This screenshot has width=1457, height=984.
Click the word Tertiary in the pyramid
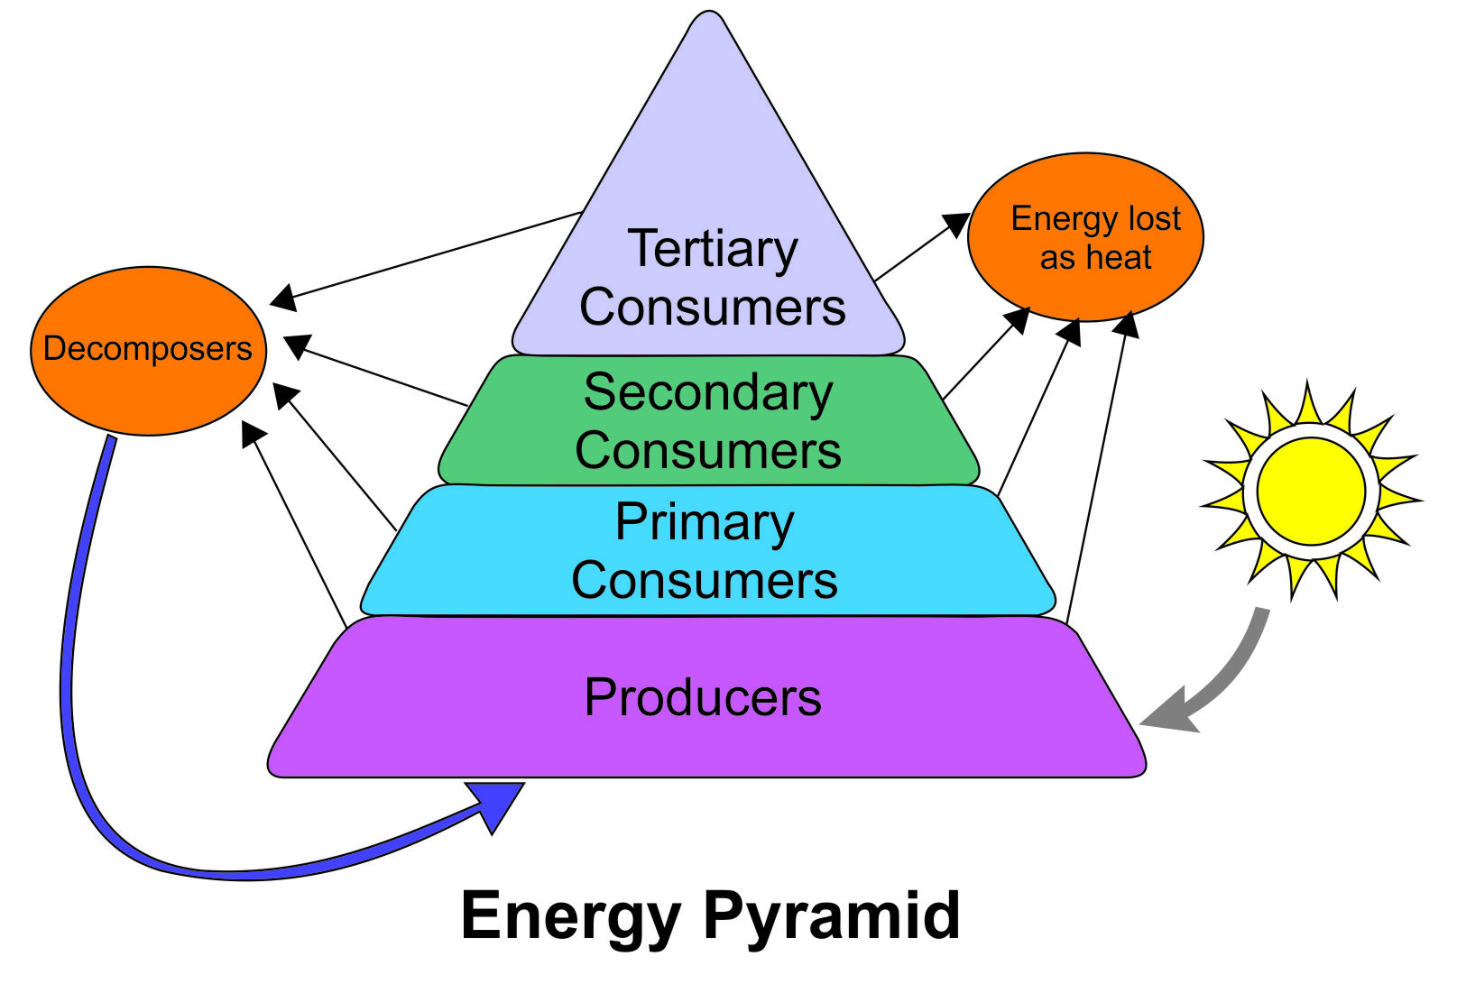tap(712, 250)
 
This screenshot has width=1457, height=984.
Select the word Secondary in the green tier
tap(708, 393)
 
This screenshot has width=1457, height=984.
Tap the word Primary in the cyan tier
tap(705, 523)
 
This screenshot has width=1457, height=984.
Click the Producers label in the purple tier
tap(703, 697)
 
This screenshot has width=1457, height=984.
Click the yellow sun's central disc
tap(1311, 492)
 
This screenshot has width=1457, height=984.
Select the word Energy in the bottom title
tap(570, 916)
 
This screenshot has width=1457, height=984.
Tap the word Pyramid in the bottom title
tap(831, 916)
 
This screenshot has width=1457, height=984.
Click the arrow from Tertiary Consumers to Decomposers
tap(433, 255)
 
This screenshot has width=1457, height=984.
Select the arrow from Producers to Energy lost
tap(1097, 469)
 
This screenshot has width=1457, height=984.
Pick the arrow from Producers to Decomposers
tap(297, 528)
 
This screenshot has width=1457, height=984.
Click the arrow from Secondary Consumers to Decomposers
tap(379, 373)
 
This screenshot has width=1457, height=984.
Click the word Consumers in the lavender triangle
tap(712, 308)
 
